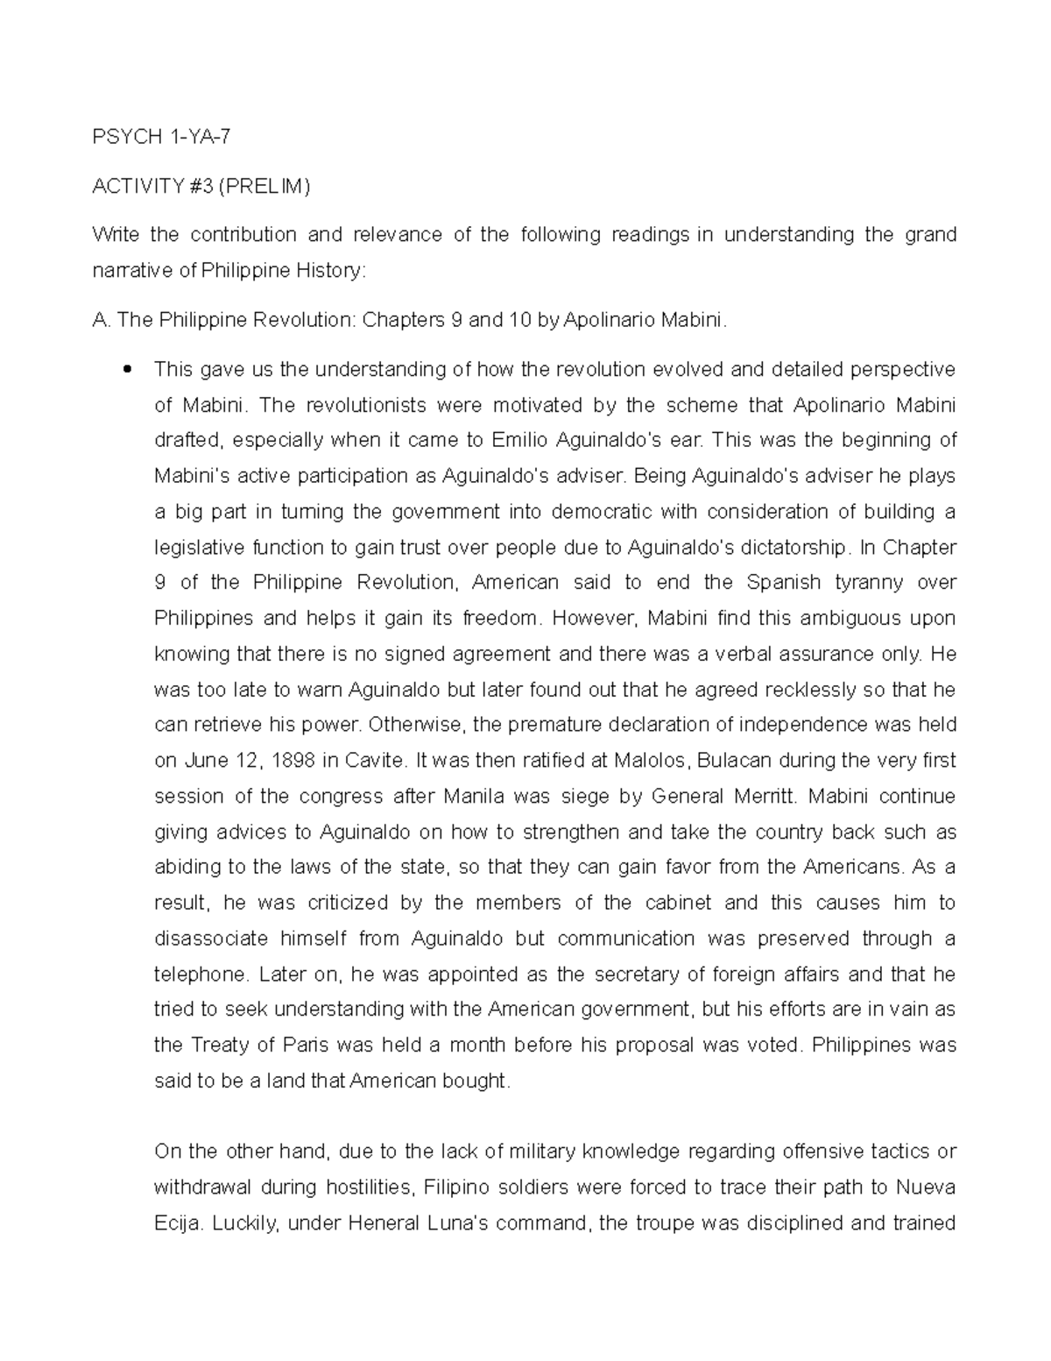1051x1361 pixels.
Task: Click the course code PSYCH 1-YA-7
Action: click(163, 137)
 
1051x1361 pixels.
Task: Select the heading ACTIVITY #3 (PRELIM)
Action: click(201, 187)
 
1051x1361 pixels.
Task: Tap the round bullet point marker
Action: click(128, 369)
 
